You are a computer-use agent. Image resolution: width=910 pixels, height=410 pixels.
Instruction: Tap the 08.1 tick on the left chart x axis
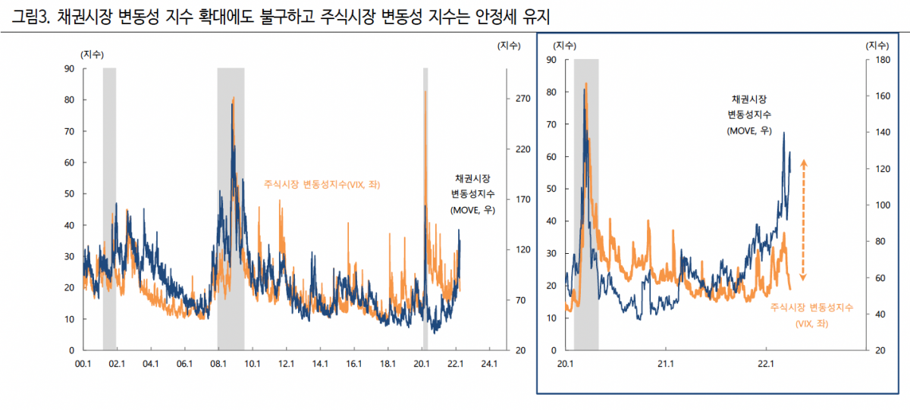pos(218,364)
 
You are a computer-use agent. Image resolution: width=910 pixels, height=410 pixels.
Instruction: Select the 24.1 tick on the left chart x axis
pos(489,364)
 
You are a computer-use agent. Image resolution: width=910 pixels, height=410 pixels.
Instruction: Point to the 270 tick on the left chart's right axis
pos(522,99)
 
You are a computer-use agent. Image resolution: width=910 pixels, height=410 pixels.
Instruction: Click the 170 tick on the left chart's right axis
pos(522,200)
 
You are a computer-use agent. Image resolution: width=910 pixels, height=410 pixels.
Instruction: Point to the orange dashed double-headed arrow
pos(804,221)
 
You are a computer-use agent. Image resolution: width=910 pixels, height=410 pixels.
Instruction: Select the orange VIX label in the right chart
pos(811,315)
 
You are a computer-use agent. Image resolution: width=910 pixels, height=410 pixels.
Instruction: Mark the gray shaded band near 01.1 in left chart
pos(109,208)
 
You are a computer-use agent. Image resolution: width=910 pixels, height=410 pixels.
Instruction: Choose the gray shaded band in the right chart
pos(586,205)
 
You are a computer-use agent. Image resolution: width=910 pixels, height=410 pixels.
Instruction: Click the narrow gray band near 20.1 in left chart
pos(425,208)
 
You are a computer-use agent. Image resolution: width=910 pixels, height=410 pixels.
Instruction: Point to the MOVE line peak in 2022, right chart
pos(783,133)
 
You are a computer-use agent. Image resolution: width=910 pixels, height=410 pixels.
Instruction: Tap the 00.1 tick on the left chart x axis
pos(83,364)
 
